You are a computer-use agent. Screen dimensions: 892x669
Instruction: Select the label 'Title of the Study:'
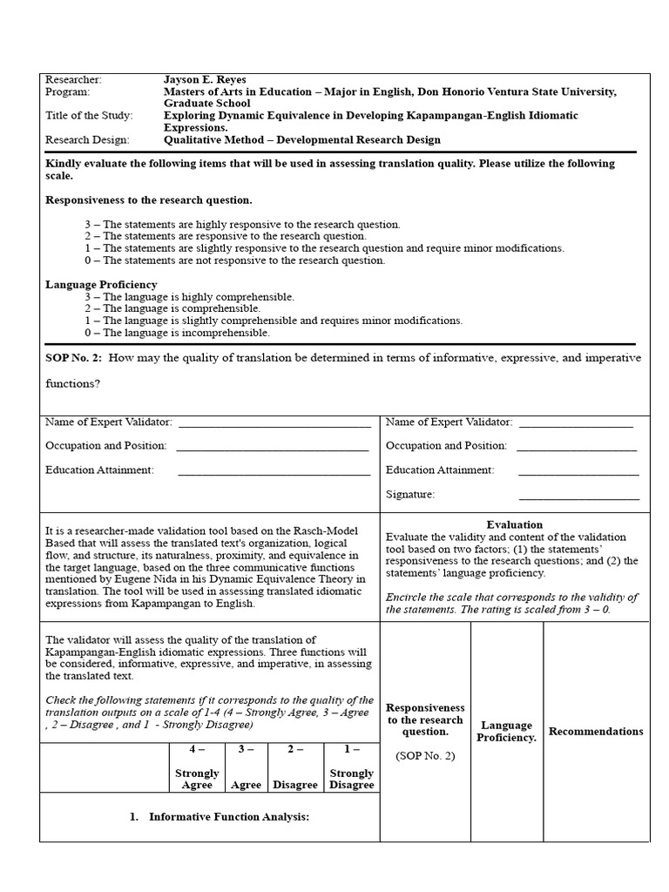(87, 115)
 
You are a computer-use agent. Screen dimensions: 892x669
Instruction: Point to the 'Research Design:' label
(87, 139)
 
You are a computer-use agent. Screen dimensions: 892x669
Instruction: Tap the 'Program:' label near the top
(67, 91)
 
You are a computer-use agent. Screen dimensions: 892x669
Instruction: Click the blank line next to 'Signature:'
(578, 495)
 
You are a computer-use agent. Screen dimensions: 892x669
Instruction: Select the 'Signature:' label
(410, 494)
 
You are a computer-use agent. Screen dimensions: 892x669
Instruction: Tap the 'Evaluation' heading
(514, 524)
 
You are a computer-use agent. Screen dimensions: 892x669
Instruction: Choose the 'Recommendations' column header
(596, 731)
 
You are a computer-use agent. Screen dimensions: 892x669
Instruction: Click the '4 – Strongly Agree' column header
(197, 767)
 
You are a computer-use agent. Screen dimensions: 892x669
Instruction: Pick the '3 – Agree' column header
(246, 767)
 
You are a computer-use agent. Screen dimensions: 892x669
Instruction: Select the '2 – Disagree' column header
(295, 767)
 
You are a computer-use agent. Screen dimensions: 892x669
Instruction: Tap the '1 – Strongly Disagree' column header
(351, 767)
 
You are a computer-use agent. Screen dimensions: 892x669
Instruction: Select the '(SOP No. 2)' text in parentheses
(425, 755)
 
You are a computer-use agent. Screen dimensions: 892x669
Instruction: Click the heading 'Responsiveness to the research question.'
(149, 199)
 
